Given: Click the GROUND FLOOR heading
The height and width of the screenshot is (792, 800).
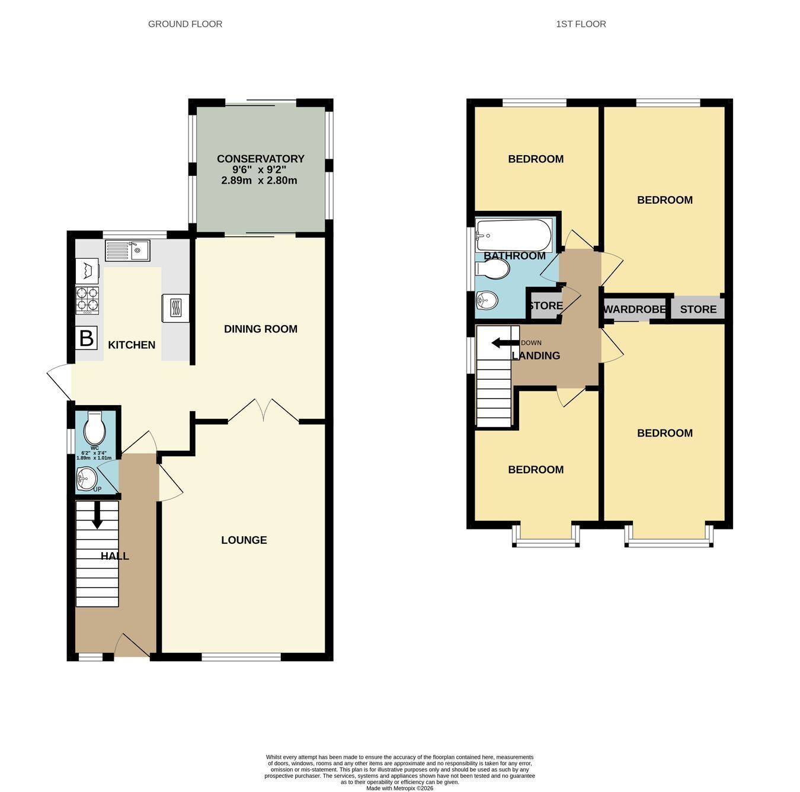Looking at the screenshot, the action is pos(185,24).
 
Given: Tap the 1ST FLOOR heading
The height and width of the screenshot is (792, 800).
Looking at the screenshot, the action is pos(581,24).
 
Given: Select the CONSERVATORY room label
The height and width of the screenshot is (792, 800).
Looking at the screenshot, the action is pos(260,159).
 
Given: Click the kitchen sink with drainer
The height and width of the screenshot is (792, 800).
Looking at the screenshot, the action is pos(127,251).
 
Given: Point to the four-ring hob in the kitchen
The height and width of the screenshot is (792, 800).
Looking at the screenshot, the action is pos(87,300).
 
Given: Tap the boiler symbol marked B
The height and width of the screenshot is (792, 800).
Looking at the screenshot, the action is pos(87,338).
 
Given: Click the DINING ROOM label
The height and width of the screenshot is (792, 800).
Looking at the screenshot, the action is pos(261,329).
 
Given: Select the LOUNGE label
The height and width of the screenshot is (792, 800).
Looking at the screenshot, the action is pos(244,540).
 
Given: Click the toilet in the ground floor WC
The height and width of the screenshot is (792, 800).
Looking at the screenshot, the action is pos(95,428).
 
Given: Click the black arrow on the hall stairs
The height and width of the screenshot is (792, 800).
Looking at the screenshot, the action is pos(97,515).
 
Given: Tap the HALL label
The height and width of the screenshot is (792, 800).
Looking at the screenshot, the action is pos(115,556).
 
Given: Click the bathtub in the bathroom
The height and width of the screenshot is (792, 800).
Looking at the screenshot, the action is pos(514,236).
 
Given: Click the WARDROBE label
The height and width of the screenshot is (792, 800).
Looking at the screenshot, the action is pos(635,309).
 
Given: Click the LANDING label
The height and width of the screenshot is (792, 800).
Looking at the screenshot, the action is pos(536,356).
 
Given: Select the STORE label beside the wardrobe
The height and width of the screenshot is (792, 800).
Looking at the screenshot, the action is pos(698,309).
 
